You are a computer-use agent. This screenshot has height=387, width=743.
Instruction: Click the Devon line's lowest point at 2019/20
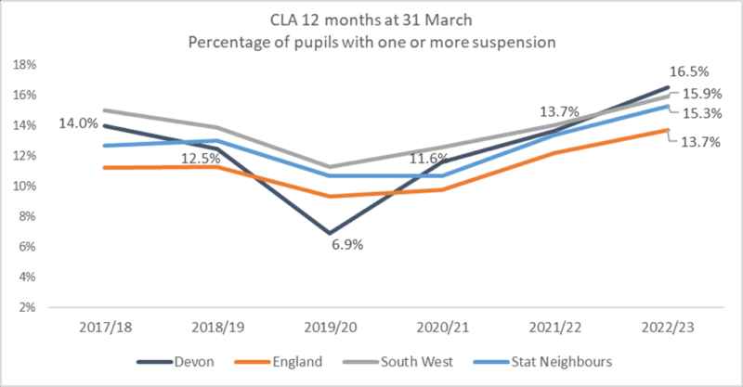329,233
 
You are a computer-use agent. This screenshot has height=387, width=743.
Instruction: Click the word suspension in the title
513,43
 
